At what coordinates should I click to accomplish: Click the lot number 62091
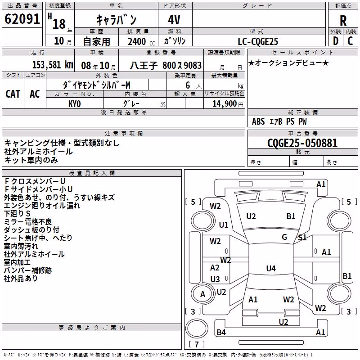point(22,19)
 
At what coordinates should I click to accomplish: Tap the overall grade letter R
point(343,21)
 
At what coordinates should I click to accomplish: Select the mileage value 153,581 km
point(53,65)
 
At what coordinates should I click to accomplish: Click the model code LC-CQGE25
point(258,41)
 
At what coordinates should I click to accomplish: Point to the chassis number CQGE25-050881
point(302,143)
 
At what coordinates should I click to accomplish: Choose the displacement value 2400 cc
point(141,41)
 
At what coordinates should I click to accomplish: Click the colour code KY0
point(75,104)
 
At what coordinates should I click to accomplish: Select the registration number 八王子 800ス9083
point(166,65)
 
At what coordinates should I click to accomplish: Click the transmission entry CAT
point(13,94)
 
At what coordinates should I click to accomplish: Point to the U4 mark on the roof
point(271,268)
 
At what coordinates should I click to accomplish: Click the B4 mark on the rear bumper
point(221,332)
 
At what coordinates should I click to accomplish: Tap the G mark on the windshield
point(284,237)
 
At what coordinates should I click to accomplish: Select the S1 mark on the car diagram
point(302,238)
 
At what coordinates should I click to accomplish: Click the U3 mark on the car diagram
point(215,279)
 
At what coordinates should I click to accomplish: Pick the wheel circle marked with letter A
point(202,294)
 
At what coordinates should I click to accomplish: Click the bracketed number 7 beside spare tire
point(197,344)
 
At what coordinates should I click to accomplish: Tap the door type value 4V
point(174,20)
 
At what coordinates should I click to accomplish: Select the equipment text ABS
point(258,121)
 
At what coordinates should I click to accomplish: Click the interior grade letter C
point(350,41)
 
